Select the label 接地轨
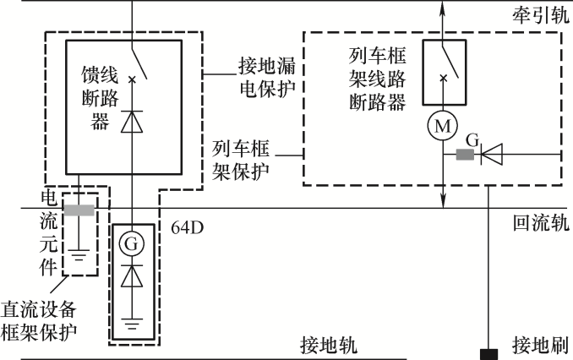coord(329,346)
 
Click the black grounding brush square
coord(488,352)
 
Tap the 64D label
coord(188,227)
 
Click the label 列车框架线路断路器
coord(378,79)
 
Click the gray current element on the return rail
coord(79,210)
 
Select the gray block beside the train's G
coord(464,155)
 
